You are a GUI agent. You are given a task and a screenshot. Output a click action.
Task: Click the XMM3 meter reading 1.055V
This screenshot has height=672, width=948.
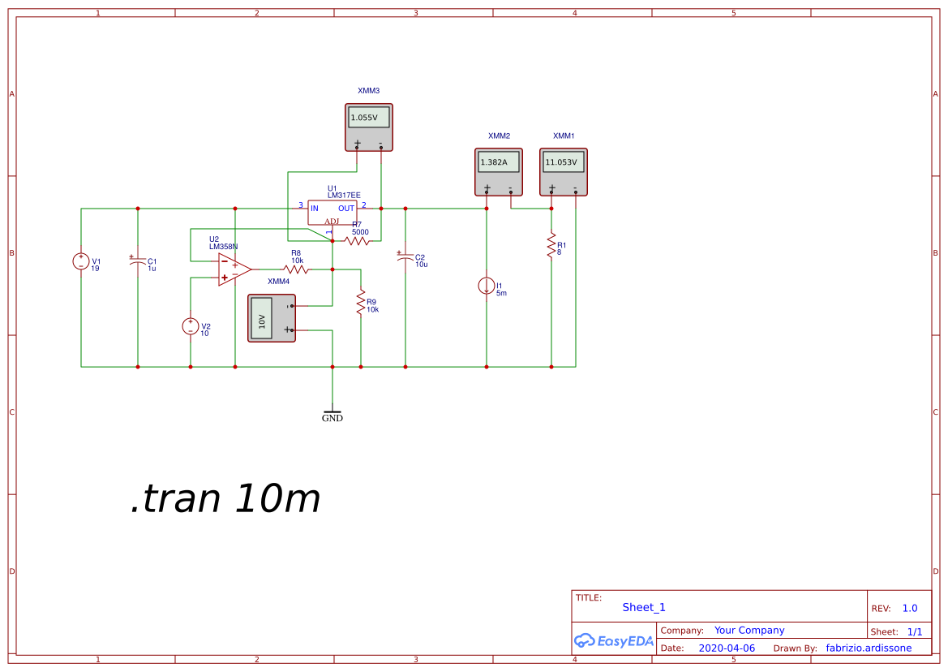pos(369,127)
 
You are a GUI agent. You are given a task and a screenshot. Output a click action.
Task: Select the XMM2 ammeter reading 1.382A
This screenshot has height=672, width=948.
pos(499,172)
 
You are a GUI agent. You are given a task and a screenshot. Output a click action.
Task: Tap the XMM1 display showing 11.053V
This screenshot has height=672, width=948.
pos(564,172)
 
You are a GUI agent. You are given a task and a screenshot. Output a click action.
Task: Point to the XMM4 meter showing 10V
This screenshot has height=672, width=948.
pos(272,318)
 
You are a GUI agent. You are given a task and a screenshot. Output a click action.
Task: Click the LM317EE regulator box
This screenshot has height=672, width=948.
pos(332,213)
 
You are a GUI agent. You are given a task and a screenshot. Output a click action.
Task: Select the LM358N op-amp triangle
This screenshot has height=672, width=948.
pos(235,269)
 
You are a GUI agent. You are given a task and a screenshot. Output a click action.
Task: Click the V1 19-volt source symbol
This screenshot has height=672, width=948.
pos(81,261)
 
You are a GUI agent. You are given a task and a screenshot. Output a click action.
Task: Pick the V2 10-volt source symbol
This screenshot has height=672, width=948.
pos(191,326)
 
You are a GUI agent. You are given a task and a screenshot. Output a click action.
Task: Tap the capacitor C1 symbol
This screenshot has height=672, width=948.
pos(138,261)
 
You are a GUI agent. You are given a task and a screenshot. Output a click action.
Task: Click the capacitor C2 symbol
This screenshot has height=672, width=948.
pos(405,256)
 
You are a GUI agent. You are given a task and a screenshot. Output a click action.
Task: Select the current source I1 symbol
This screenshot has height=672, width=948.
pos(487,286)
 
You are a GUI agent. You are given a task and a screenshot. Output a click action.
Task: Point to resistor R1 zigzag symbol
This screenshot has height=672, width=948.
pos(551,246)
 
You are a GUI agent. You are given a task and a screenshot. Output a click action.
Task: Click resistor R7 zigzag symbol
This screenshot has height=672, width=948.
pos(358,241)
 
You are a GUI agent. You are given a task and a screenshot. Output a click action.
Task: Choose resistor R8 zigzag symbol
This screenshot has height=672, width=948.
pos(296,269)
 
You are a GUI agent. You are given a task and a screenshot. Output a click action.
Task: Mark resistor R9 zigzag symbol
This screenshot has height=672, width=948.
pos(361,303)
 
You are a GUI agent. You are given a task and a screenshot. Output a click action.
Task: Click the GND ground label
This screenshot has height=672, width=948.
pos(332,418)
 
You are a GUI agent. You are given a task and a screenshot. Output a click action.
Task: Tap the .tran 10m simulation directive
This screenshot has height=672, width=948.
pos(225,499)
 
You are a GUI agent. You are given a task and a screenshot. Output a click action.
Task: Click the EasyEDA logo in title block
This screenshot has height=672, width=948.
pos(614,640)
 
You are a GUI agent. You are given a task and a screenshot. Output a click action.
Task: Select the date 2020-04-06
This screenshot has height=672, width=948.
pos(727,648)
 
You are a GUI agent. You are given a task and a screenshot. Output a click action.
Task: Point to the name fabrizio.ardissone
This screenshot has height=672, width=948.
pos(869,648)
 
